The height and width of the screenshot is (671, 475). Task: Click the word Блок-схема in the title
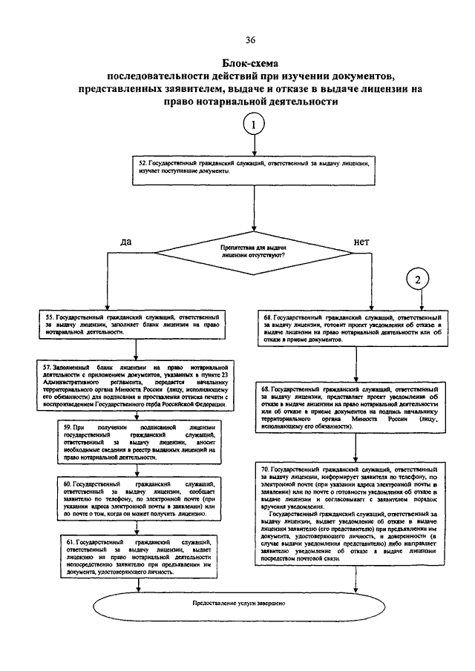(x=255, y=63)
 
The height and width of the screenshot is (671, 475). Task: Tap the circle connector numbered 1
(x=253, y=125)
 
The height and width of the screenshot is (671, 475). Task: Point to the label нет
(x=361, y=242)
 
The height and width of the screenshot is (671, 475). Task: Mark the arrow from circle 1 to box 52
(x=253, y=147)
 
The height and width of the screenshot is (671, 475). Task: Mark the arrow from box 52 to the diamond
(x=254, y=204)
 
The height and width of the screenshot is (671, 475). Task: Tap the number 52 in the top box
(x=142, y=161)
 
